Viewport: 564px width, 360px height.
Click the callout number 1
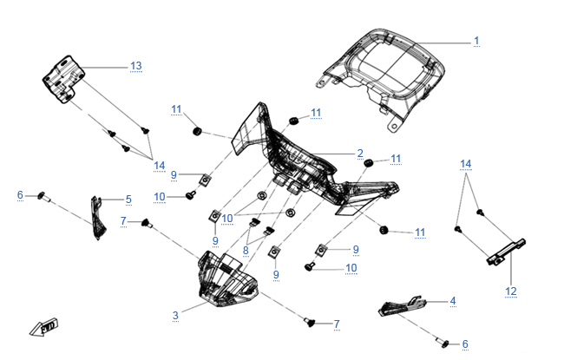tap(475, 41)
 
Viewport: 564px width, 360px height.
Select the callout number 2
tap(360, 154)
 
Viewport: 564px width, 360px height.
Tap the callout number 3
tap(175, 315)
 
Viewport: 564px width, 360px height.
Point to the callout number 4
tap(451, 301)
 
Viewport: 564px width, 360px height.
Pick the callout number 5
tap(128, 200)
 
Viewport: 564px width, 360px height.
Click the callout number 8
tap(246, 251)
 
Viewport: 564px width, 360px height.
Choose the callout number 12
tap(511, 291)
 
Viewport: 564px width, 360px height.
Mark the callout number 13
tap(135, 66)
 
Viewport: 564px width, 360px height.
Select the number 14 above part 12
tap(466, 164)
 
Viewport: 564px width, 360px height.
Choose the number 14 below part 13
tap(159, 166)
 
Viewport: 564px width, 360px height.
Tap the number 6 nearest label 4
tap(464, 344)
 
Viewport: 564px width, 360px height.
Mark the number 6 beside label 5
tap(20, 195)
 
